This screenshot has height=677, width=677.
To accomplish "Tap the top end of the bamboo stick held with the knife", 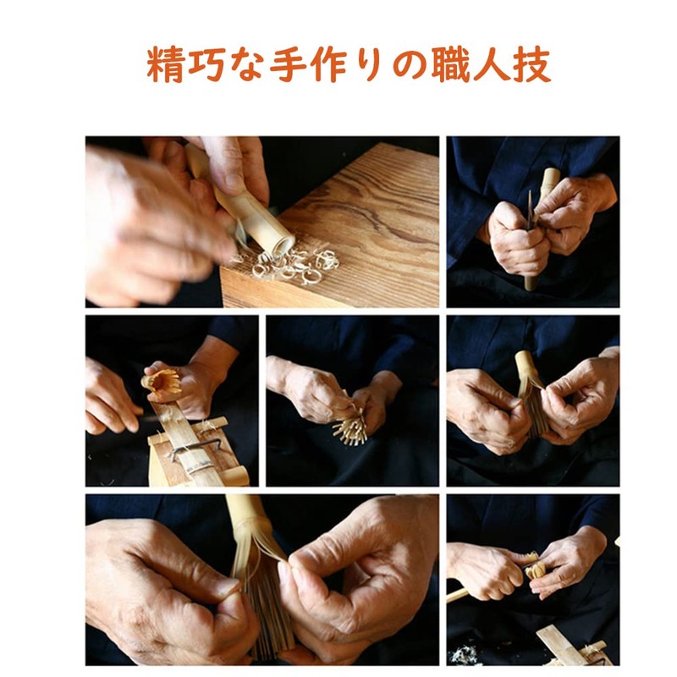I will pyautogui.click(x=550, y=177).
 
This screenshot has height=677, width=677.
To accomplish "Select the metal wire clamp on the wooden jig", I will pyautogui.click(x=193, y=448).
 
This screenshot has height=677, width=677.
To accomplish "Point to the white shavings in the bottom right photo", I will pyautogui.click(x=464, y=652).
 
